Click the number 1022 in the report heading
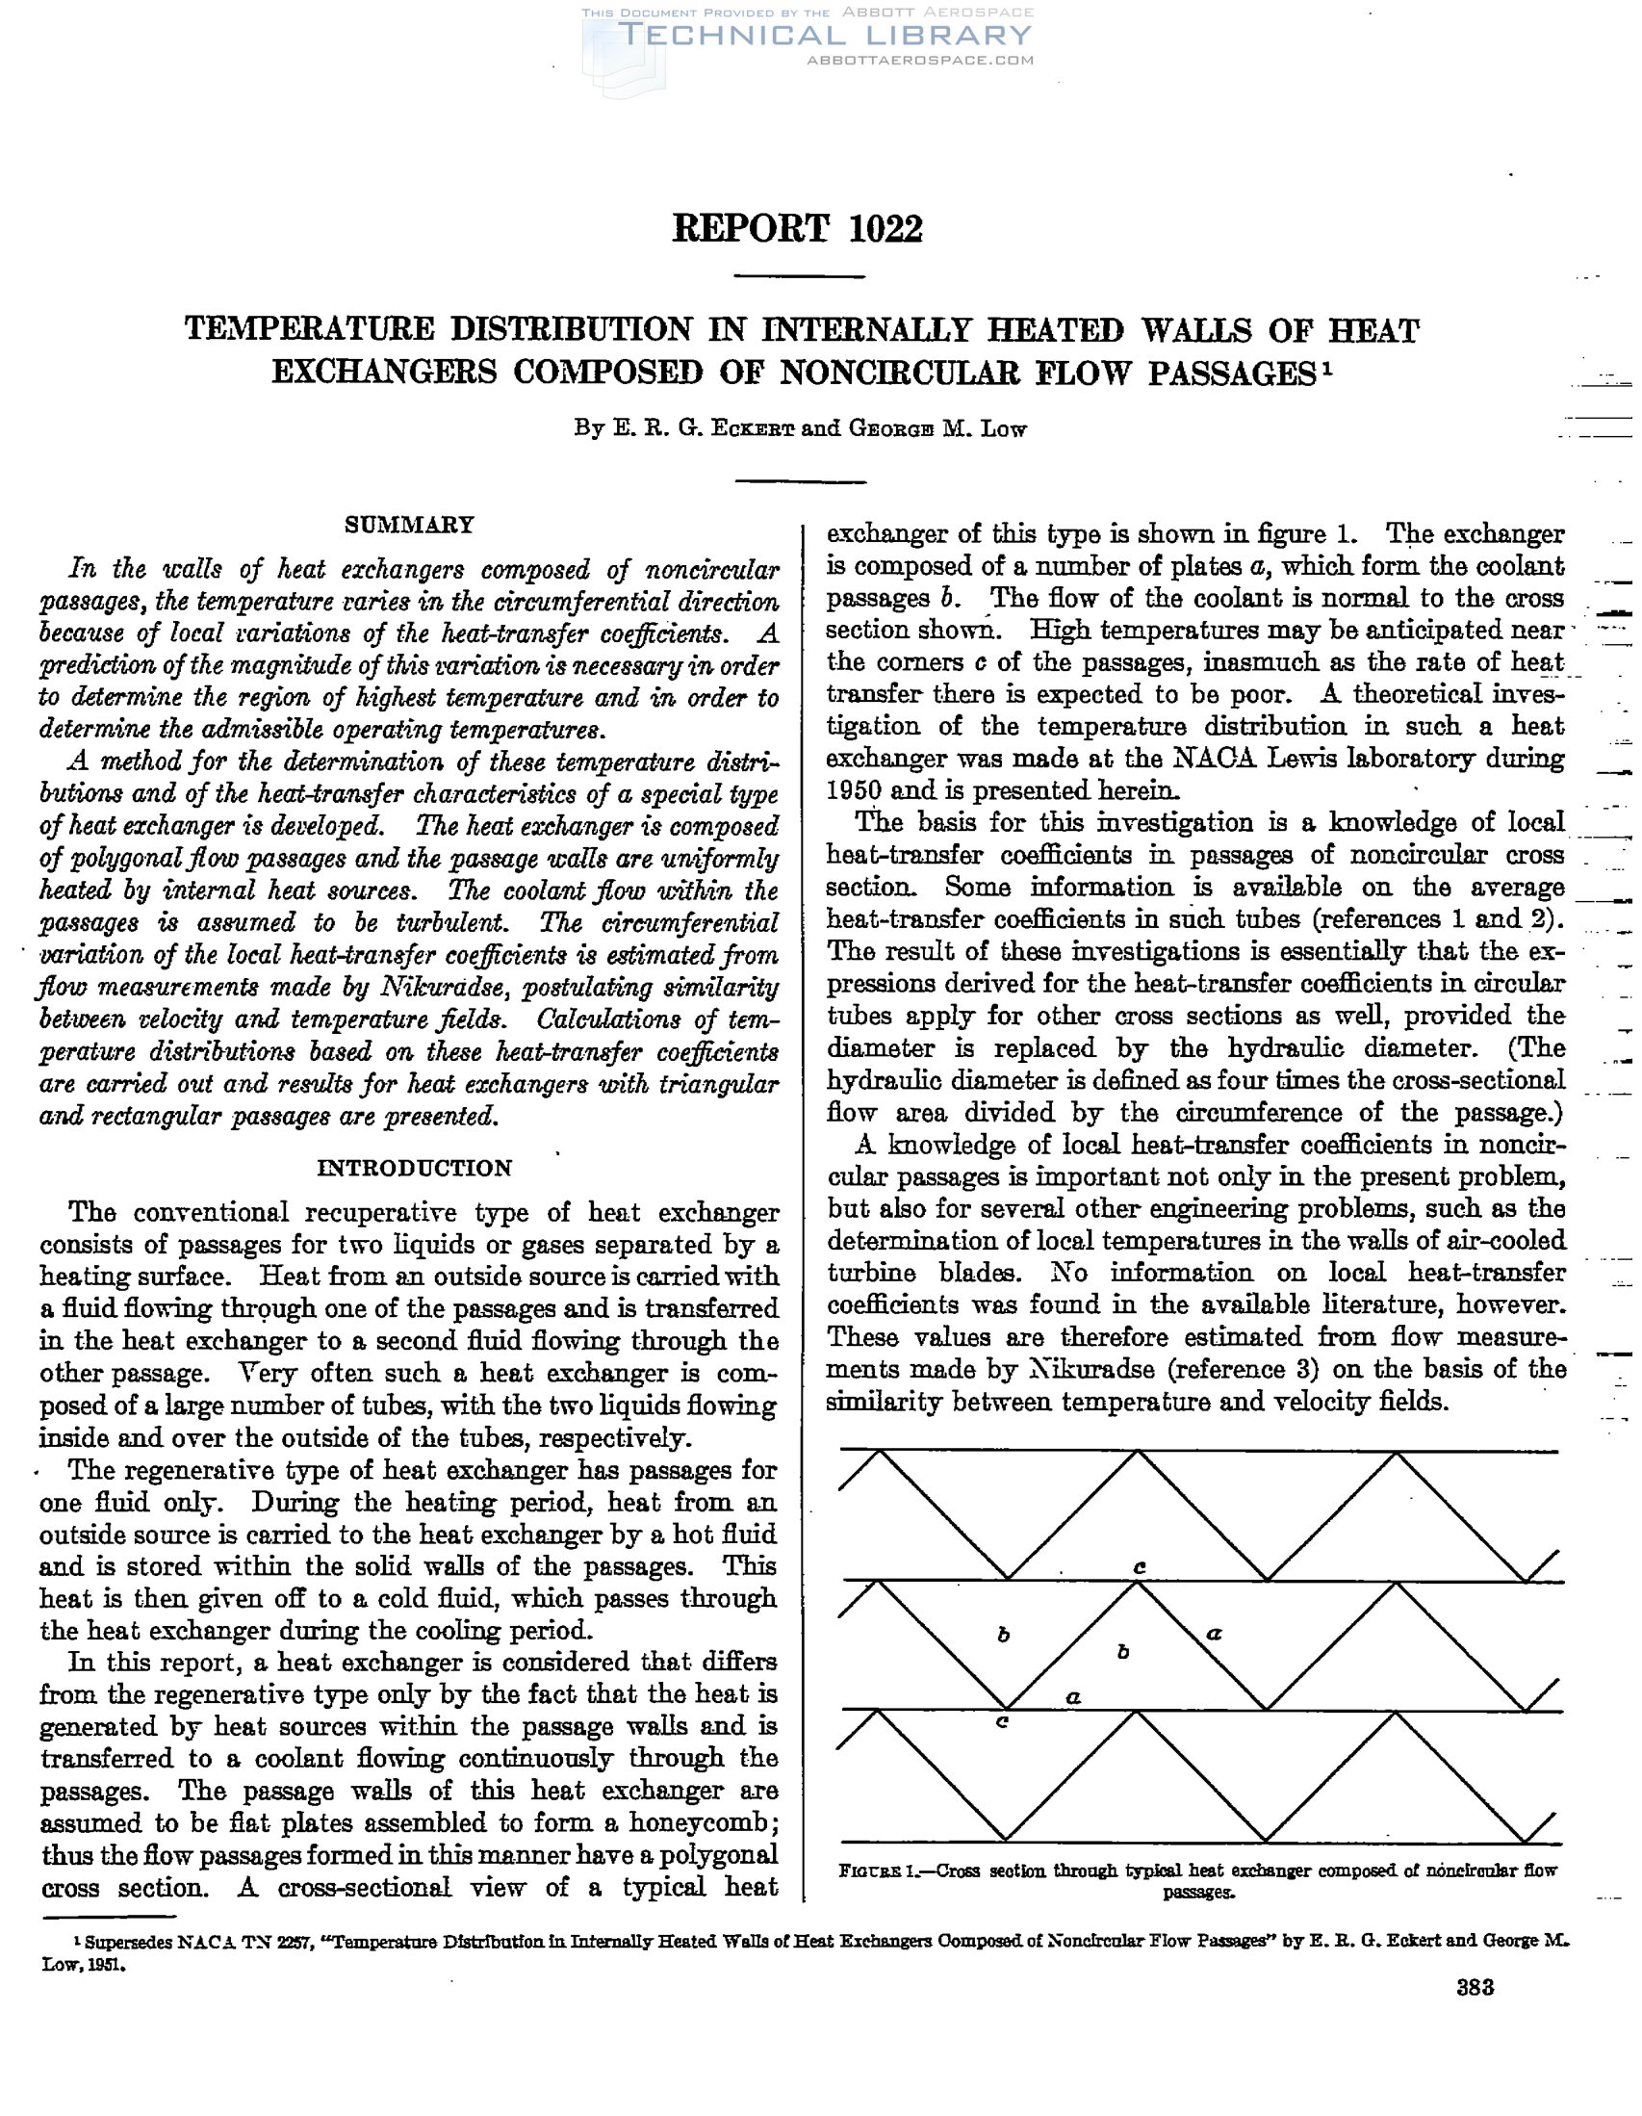coord(885,229)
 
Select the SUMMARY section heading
coord(409,525)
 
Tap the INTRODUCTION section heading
coord(414,1168)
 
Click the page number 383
coord(1475,1988)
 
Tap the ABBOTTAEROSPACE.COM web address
coord(919,60)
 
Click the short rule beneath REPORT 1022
coord(798,278)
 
